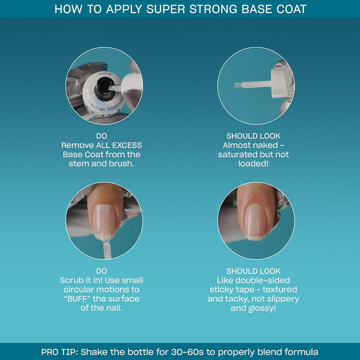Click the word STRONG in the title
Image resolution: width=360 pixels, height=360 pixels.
pyautogui.click(x=213, y=9)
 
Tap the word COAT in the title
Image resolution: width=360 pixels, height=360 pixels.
pyautogui.click(x=291, y=9)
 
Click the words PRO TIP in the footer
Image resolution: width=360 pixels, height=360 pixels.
pyautogui.click(x=59, y=352)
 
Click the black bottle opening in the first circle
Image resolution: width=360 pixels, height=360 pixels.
pyautogui.click(x=104, y=86)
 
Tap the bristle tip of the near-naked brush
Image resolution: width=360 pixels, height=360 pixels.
pyautogui.click(x=238, y=85)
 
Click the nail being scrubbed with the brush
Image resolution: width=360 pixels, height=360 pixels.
pyautogui.click(x=104, y=220)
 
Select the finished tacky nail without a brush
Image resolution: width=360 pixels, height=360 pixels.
pyautogui.click(x=256, y=221)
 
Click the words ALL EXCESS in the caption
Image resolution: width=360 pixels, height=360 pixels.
pyautogui.click(x=118, y=145)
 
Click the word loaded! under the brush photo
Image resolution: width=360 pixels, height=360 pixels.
pyautogui.click(x=253, y=163)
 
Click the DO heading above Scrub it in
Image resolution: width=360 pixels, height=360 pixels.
pyautogui.click(x=101, y=271)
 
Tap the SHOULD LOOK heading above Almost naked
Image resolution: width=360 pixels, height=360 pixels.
pyautogui.click(x=253, y=136)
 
